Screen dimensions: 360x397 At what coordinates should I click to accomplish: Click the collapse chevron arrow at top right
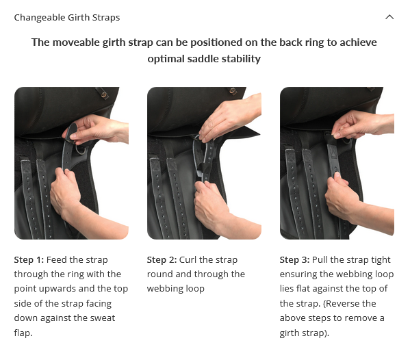pyautogui.click(x=389, y=18)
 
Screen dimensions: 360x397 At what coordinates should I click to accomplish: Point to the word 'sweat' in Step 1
pyautogui.click(x=97, y=318)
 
